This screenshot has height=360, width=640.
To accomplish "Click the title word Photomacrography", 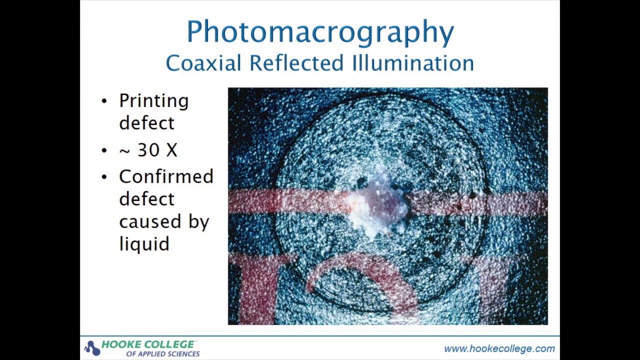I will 320,32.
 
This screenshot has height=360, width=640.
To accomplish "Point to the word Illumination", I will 412,63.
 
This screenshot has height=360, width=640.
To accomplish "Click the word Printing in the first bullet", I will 153,101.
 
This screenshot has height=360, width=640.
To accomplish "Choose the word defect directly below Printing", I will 146,123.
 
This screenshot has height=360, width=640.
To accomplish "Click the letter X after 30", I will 171,150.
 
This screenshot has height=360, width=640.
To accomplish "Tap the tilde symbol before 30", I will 124,150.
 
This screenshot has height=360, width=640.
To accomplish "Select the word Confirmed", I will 166,176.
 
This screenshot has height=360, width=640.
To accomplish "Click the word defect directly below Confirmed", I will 146,199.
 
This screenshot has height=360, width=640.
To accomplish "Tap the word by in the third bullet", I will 198,222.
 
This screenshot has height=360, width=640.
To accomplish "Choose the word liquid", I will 144,244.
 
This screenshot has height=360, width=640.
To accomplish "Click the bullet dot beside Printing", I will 104,101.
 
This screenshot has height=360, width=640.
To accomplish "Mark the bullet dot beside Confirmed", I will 104,177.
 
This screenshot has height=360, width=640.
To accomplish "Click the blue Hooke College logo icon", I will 92,347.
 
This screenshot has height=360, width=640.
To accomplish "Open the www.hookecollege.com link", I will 499,348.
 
